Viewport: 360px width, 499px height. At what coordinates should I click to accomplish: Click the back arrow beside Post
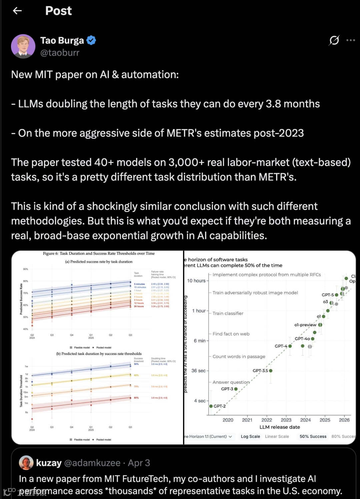(x=17, y=11)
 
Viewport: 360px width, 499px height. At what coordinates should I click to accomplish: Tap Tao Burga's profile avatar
(x=23, y=46)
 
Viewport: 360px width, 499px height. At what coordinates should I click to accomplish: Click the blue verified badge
(x=91, y=40)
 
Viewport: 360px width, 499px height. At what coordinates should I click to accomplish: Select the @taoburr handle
(x=60, y=53)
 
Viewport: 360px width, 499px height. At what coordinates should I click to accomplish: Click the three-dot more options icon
(x=351, y=40)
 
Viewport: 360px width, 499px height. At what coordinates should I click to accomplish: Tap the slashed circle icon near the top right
(x=334, y=40)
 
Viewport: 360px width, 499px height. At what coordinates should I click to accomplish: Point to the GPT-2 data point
(x=211, y=406)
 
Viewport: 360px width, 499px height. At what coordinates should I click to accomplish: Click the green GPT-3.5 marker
(x=271, y=371)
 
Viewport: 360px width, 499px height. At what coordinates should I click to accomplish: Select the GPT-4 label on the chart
(x=281, y=346)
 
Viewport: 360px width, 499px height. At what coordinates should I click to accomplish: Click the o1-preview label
(x=305, y=325)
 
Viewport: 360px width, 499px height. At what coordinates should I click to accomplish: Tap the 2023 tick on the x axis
(x=286, y=420)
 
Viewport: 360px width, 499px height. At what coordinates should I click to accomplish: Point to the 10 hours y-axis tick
(x=196, y=281)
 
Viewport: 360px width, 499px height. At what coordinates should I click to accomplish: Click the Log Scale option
(x=250, y=436)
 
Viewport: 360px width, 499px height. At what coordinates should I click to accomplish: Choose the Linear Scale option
(x=277, y=436)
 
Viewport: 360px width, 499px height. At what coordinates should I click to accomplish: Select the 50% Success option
(x=313, y=436)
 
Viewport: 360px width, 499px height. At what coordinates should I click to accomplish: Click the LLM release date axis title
(x=280, y=427)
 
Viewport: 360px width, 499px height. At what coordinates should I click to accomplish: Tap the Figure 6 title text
(x=99, y=253)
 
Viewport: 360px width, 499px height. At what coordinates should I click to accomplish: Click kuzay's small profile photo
(x=26, y=463)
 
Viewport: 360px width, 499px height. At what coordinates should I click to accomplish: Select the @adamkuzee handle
(x=92, y=463)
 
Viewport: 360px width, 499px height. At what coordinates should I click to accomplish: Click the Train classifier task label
(x=228, y=313)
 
